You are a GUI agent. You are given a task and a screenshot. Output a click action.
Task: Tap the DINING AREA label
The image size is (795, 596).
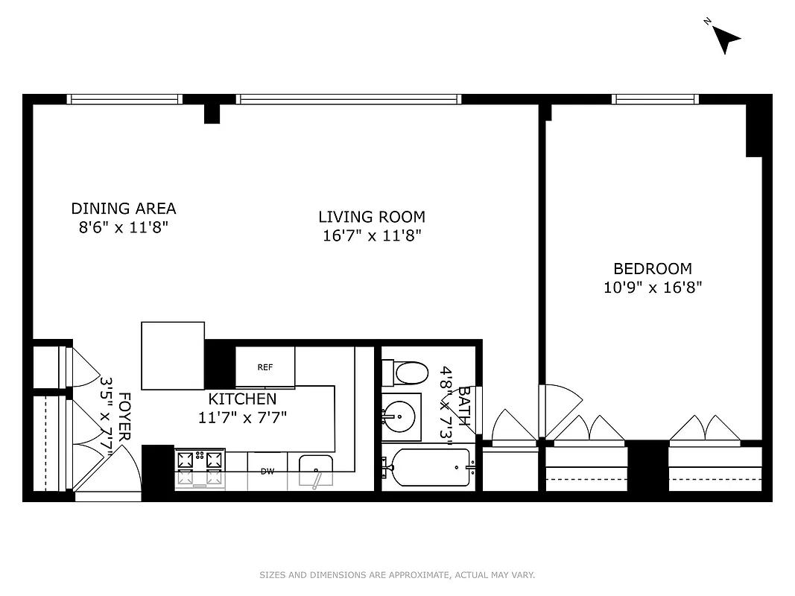(x=124, y=209)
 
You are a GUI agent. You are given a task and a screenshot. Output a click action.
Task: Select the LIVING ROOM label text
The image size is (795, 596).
(x=372, y=217)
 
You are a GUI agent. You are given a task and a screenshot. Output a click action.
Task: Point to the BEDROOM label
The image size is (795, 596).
(x=653, y=269)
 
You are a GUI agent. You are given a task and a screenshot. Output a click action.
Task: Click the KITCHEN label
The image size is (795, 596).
(x=242, y=399)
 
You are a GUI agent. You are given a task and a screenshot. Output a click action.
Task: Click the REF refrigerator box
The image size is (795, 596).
(x=265, y=367)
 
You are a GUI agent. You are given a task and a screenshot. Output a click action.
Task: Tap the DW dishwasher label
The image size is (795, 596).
(x=267, y=471)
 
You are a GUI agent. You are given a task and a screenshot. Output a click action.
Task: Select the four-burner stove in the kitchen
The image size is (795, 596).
(x=200, y=469)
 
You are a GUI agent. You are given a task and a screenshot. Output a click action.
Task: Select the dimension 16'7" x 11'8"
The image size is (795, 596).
(x=372, y=235)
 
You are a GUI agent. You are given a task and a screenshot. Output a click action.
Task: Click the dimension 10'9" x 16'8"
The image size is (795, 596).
(x=653, y=287)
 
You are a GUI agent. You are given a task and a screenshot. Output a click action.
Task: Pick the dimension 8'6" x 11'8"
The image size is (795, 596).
(x=124, y=227)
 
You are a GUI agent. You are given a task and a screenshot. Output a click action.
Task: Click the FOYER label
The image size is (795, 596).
(x=125, y=417)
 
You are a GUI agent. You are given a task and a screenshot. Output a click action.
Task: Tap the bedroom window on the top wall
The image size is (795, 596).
(x=655, y=99)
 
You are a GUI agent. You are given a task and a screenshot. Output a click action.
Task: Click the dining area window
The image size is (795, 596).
(x=124, y=99)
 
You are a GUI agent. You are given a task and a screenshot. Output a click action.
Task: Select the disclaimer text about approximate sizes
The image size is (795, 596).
(x=397, y=575)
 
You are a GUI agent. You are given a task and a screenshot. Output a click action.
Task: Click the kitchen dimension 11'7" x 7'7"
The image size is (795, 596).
(x=242, y=417)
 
